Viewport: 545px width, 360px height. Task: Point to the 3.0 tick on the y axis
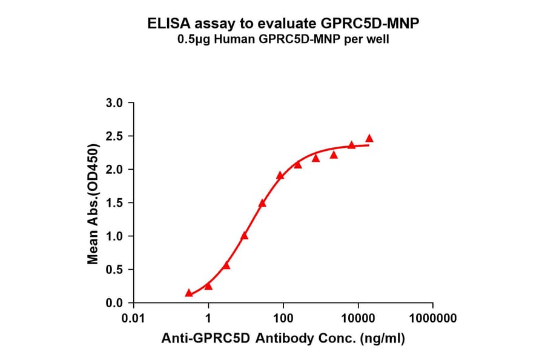pos(116,103)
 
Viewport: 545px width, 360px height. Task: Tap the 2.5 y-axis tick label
pos(116,136)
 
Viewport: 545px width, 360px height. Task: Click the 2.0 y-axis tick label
pos(116,170)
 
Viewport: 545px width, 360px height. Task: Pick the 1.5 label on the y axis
pos(116,203)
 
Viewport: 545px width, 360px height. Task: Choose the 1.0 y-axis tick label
pos(116,236)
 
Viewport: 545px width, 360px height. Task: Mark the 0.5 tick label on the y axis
pos(116,270)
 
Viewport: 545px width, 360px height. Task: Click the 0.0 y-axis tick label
pos(116,303)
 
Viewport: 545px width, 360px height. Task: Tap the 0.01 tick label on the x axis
pos(134,318)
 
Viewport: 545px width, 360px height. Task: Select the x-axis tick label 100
pos(283,318)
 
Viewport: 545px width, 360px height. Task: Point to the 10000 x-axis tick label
pos(358,318)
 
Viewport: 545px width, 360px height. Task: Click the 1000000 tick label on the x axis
pos(432,318)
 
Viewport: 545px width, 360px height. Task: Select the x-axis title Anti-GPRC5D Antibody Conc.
pos(283,339)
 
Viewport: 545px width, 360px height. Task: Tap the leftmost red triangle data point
pos(189,293)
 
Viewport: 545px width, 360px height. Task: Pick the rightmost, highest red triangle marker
pos(369,138)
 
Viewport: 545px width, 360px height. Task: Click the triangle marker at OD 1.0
pos(244,236)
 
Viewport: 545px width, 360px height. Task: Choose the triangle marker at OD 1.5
pos(262,203)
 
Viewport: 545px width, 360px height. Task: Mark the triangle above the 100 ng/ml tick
pos(280,175)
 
